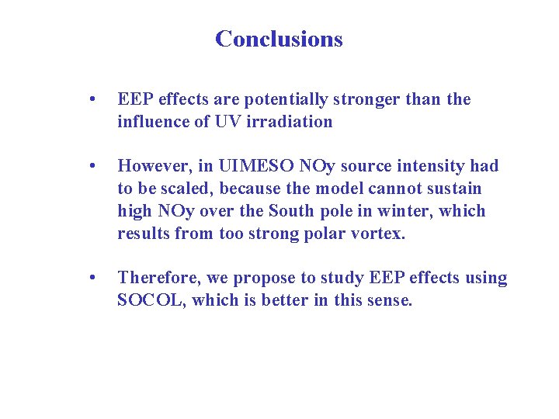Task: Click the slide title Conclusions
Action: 279,39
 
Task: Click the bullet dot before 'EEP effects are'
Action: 92,100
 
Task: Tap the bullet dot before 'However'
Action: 92,167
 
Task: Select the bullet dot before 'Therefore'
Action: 92,279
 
